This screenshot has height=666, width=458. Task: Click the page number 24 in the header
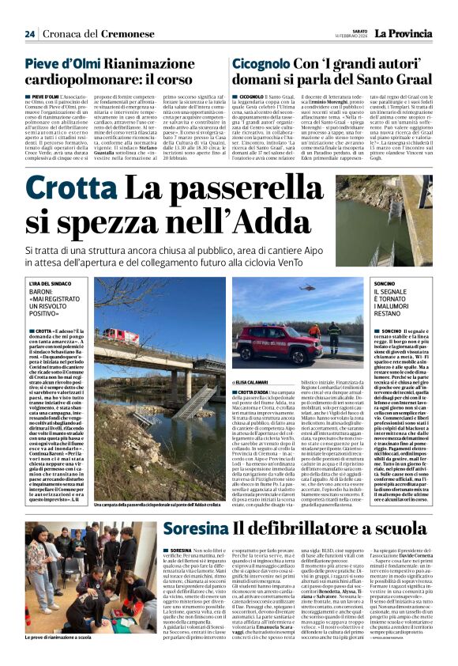[30, 34]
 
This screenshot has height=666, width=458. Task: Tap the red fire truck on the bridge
[118, 337]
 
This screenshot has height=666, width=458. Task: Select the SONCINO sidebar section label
[384, 282]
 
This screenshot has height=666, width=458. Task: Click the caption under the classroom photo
[58, 636]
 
